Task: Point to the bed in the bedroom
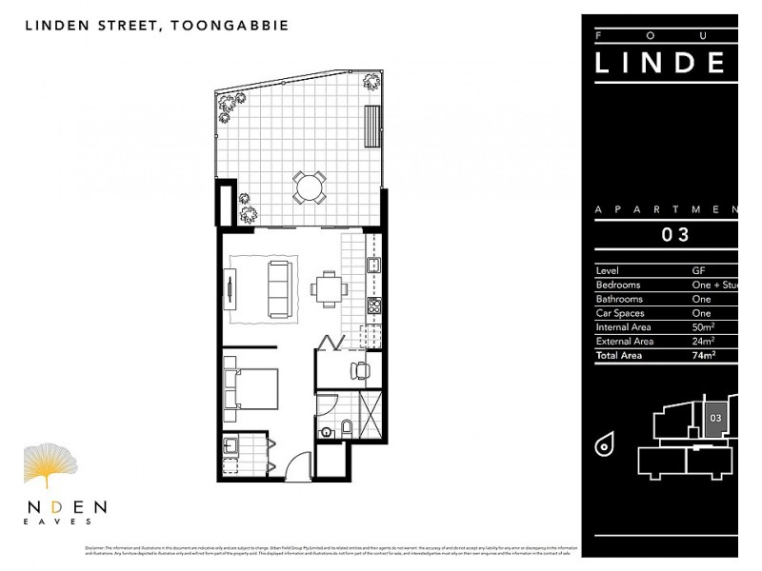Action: click(x=251, y=387)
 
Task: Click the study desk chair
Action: click(x=358, y=369)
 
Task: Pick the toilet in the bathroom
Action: click(x=347, y=425)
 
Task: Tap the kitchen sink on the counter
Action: click(x=374, y=266)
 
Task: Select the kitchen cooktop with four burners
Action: click(x=374, y=307)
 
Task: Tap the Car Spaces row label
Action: click(x=619, y=312)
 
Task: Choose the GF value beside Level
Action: click(x=698, y=270)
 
